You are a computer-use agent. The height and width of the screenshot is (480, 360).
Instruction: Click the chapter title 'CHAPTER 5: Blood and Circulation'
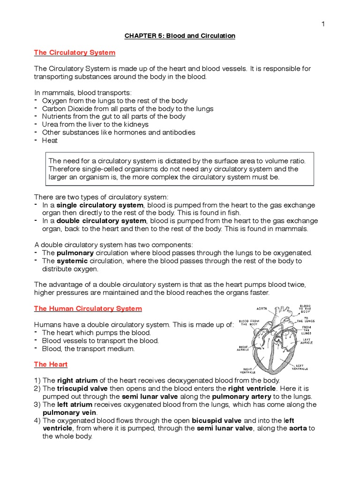180,36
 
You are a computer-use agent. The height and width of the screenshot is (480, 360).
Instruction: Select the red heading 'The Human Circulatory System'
88,308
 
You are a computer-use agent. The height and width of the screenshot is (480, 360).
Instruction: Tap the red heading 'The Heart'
51,364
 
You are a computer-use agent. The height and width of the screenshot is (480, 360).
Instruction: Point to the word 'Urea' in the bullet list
50,124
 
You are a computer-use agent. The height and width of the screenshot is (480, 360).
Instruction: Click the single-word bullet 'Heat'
50,140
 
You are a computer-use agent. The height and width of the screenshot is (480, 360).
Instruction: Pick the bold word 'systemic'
73,261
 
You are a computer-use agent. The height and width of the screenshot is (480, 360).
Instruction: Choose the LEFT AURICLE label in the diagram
306,341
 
